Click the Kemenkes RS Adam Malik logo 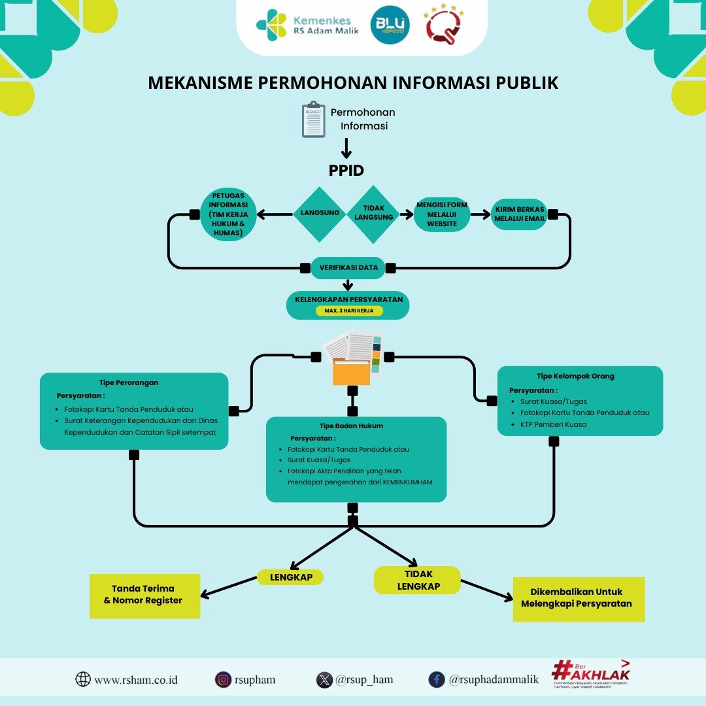tap(308, 25)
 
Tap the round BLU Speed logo tap(390, 26)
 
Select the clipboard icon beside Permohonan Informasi tap(313, 119)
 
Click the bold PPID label tap(346, 170)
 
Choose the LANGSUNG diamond tap(319, 214)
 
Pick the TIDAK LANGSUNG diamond tap(373, 214)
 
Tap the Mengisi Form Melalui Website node tap(441, 214)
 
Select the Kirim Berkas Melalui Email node tap(520, 214)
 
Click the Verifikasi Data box tap(348, 267)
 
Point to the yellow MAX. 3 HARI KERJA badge tap(349, 311)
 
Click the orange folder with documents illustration tap(353, 359)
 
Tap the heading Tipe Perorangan tap(129, 382)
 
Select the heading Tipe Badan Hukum tap(351, 426)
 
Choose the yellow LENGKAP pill tap(290, 577)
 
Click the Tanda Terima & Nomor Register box tap(144, 594)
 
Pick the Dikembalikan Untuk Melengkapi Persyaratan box tap(579, 598)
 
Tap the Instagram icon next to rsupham tap(223, 680)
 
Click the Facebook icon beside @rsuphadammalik tap(437, 680)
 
